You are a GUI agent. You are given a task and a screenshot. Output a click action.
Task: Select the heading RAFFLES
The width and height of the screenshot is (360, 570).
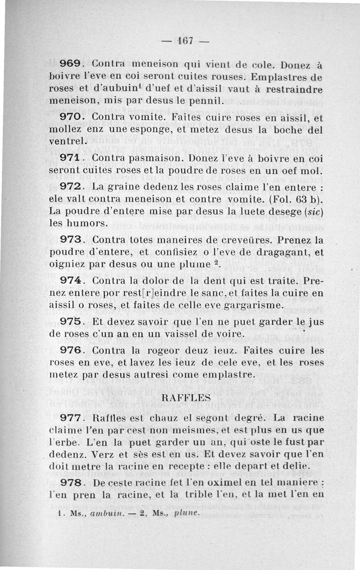pyautogui.click(x=186, y=397)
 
